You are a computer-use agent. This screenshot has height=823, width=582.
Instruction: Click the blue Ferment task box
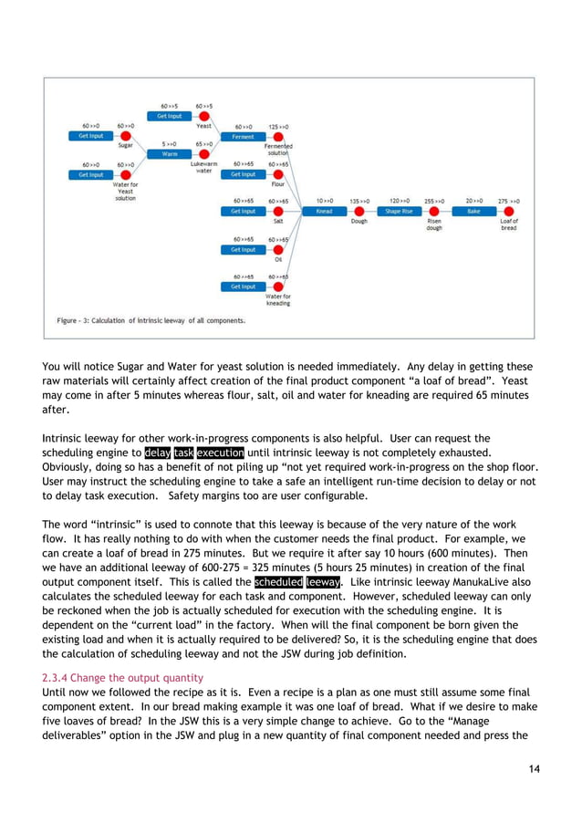(x=243, y=136)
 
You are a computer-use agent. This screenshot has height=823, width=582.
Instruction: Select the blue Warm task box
(x=170, y=154)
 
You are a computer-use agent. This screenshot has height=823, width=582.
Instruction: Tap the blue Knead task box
(x=324, y=211)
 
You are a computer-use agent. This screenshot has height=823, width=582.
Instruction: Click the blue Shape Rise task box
(x=399, y=211)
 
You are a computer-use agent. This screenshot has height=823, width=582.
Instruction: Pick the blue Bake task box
(x=473, y=211)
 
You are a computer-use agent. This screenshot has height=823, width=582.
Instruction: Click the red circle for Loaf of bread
(x=508, y=211)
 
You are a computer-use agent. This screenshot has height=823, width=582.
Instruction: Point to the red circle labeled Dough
(x=359, y=211)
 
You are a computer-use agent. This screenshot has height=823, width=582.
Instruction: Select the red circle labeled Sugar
(x=125, y=136)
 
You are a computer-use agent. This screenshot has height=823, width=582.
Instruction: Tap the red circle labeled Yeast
(x=204, y=117)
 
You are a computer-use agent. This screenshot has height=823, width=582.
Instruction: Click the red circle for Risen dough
(x=434, y=211)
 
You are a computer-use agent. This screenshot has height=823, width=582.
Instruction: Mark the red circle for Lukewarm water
(x=204, y=154)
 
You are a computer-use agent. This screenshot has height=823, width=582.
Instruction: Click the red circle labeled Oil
(x=278, y=249)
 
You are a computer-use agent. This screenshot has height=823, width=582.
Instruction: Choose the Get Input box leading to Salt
(x=243, y=211)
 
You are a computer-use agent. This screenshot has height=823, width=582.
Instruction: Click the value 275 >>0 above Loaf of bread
(x=508, y=200)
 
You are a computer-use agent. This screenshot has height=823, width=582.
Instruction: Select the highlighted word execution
(x=219, y=452)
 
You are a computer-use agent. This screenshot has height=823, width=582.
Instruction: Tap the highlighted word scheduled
(x=279, y=581)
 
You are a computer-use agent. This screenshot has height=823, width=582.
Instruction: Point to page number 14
(x=534, y=769)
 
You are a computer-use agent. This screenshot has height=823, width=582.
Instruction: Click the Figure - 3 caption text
(x=151, y=320)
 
